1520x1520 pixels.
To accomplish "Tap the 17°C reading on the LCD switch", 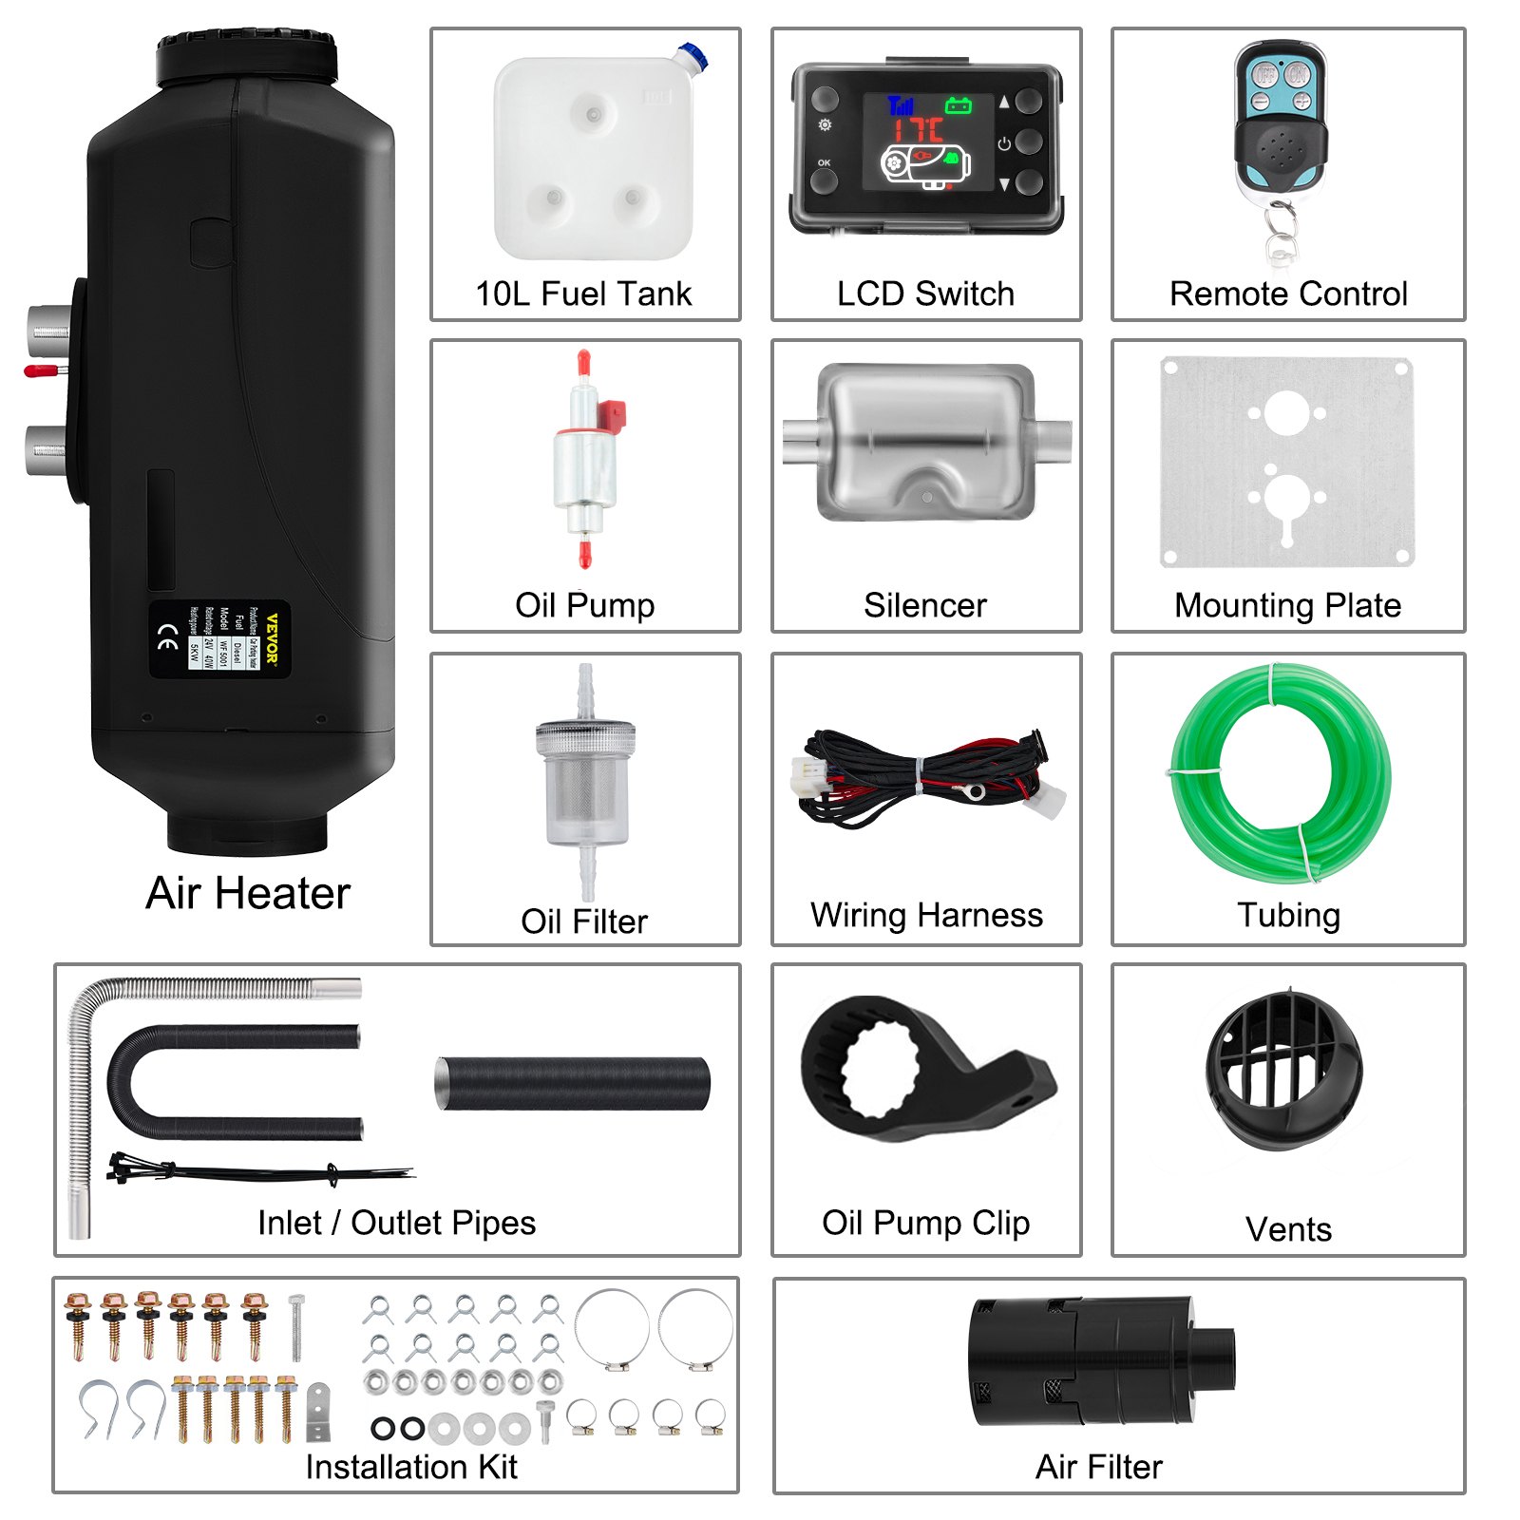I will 918,129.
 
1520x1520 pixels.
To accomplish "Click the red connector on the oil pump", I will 612,415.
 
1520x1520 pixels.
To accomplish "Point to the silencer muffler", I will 925,442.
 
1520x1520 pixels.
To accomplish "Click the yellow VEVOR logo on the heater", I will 272,638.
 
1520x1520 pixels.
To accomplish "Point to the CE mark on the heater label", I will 167,638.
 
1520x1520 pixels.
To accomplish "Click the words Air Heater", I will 249,894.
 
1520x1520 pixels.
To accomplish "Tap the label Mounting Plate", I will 1287,605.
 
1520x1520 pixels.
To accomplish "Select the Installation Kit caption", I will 411,1467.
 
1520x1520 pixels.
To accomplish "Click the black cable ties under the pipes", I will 256,1171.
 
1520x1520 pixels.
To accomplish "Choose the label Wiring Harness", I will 926,915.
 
